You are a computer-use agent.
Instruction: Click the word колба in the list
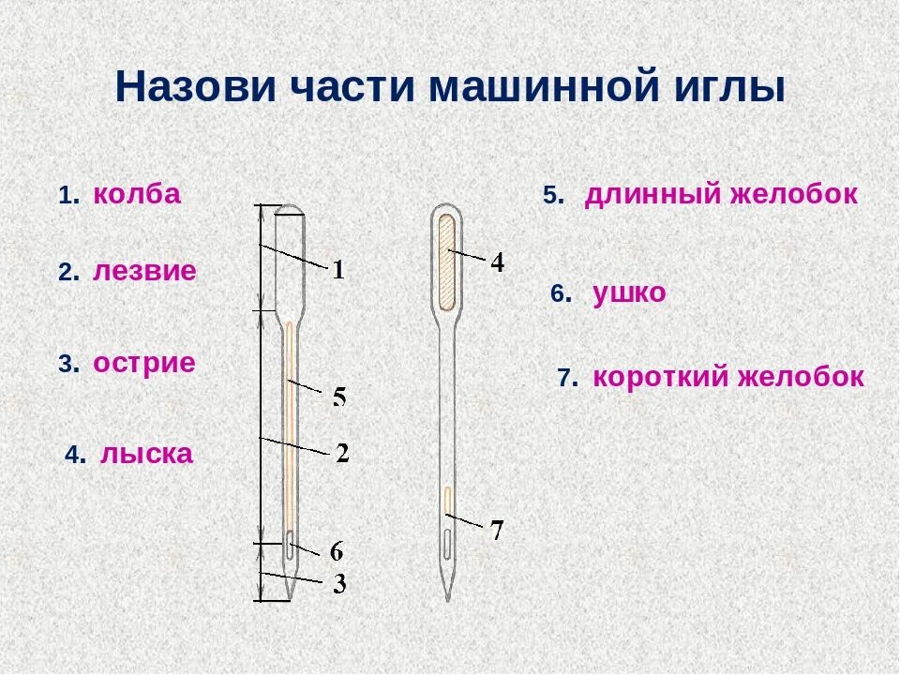137,194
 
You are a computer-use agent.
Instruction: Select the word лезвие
144,272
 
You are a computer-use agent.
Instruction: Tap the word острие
144,363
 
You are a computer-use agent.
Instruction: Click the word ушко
630,293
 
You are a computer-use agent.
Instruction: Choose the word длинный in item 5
654,194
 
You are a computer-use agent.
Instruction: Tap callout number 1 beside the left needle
338,271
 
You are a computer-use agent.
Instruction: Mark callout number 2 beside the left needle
342,454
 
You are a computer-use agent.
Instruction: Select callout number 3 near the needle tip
339,584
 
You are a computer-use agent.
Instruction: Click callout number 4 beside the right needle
498,263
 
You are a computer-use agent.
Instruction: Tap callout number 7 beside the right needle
498,531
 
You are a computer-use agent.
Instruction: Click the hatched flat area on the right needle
446,262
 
